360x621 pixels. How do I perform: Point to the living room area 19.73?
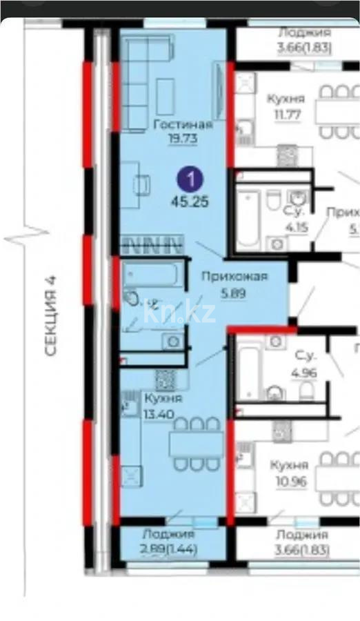(x=182, y=137)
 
